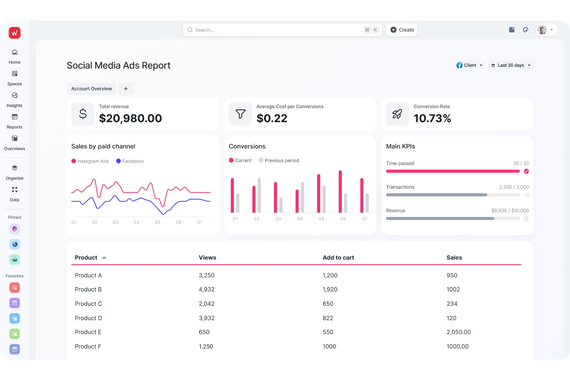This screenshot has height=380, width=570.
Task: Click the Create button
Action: point(402,30)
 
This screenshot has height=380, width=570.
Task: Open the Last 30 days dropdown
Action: point(511,65)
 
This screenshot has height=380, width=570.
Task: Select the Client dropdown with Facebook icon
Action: point(469,65)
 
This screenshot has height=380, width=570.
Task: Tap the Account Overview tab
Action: point(91,89)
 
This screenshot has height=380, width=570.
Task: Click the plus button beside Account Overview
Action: point(126,89)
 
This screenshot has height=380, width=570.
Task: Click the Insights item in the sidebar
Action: point(15,100)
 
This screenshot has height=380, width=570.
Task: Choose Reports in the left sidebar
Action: point(15,121)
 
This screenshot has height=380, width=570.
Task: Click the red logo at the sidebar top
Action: point(15,33)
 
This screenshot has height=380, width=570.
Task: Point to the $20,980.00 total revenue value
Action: point(130,118)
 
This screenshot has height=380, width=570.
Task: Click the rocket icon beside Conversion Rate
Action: point(397,114)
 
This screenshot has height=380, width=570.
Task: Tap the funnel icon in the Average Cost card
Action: point(240,114)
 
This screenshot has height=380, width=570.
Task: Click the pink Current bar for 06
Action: point(340,191)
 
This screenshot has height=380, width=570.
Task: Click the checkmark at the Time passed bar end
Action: point(526,171)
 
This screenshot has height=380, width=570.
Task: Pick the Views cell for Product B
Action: point(206,290)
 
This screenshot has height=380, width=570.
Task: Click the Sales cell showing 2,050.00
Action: point(458,332)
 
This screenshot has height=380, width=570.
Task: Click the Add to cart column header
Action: point(338,258)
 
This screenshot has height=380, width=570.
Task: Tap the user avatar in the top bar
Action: point(542,30)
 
